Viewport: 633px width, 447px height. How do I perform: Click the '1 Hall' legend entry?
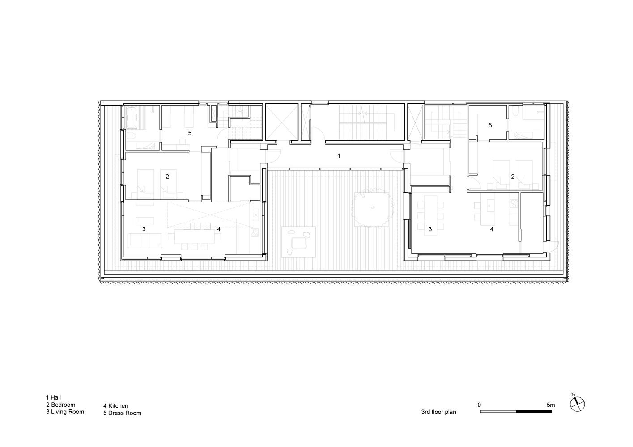click(53, 397)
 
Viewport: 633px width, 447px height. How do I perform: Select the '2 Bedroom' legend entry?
click(61, 405)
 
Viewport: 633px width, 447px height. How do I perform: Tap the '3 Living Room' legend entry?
click(65, 412)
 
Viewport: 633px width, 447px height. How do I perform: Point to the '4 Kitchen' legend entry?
click(115, 406)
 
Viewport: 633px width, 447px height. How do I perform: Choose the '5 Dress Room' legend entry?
click(122, 413)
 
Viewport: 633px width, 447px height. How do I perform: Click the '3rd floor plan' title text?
click(438, 412)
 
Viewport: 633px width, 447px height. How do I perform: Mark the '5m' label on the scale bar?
click(551, 405)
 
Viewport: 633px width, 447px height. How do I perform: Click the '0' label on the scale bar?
click(479, 405)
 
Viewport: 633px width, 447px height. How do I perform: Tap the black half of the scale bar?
click(534, 411)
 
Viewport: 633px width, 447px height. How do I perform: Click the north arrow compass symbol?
click(578, 404)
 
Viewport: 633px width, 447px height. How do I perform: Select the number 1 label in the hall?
click(339, 156)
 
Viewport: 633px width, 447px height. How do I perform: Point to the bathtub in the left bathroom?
click(132, 118)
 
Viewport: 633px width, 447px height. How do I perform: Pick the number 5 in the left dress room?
click(190, 133)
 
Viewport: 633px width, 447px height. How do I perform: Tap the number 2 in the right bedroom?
click(513, 177)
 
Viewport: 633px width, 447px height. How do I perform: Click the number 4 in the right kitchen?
click(492, 229)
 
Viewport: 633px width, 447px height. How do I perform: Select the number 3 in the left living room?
click(144, 229)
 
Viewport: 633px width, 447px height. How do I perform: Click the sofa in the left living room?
click(145, 240)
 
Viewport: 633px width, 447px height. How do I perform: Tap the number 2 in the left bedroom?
click(167, 177)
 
